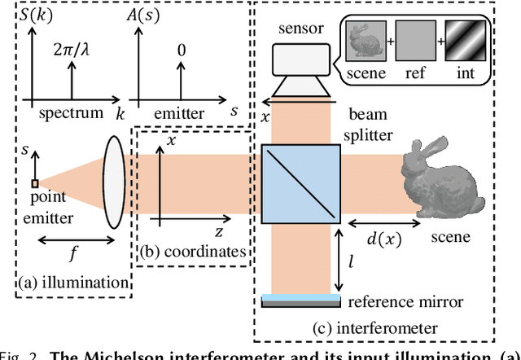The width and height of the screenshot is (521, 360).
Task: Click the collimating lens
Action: coord(114,183)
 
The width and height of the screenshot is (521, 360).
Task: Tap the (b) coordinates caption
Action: coord(192,252)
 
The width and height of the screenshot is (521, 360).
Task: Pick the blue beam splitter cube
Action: coord(300,183)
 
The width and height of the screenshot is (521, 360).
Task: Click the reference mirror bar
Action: coord(301,301)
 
